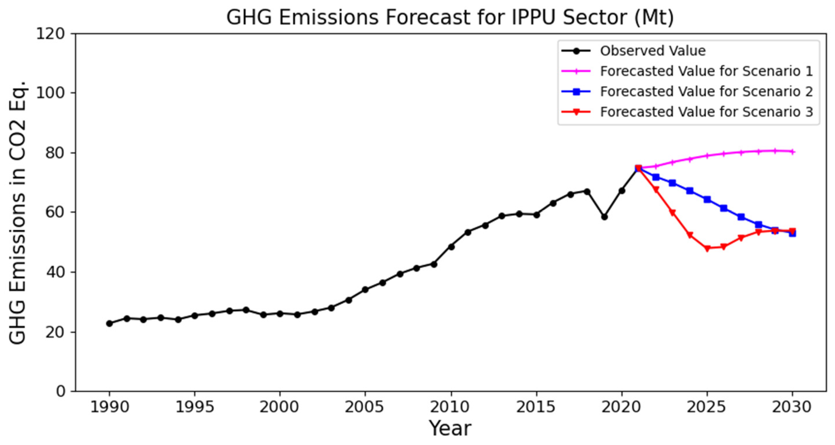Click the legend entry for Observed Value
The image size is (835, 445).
(x=652, y=51)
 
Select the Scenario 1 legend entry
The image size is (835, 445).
(x=706, y=71)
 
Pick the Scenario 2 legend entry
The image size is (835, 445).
(x=706, y=91)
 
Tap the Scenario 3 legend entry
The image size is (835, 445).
(x=706, y=112)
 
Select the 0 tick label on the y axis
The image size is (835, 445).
(x=61, y=391)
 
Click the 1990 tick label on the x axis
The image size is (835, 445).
(x=109, y=407)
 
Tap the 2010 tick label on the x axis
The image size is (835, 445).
(x=451, y=407)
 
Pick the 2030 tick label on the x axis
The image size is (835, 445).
(x=792, y=407)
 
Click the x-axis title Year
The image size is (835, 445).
(x=450, y=428)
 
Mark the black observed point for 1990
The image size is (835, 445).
(x=109, y=323)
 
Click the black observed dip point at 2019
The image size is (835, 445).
(x=604, y=217)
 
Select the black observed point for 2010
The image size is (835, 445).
(x=451, y=247)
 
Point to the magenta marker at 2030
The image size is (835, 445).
(x=792, y=152)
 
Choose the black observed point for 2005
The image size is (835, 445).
(x=365, y=290)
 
